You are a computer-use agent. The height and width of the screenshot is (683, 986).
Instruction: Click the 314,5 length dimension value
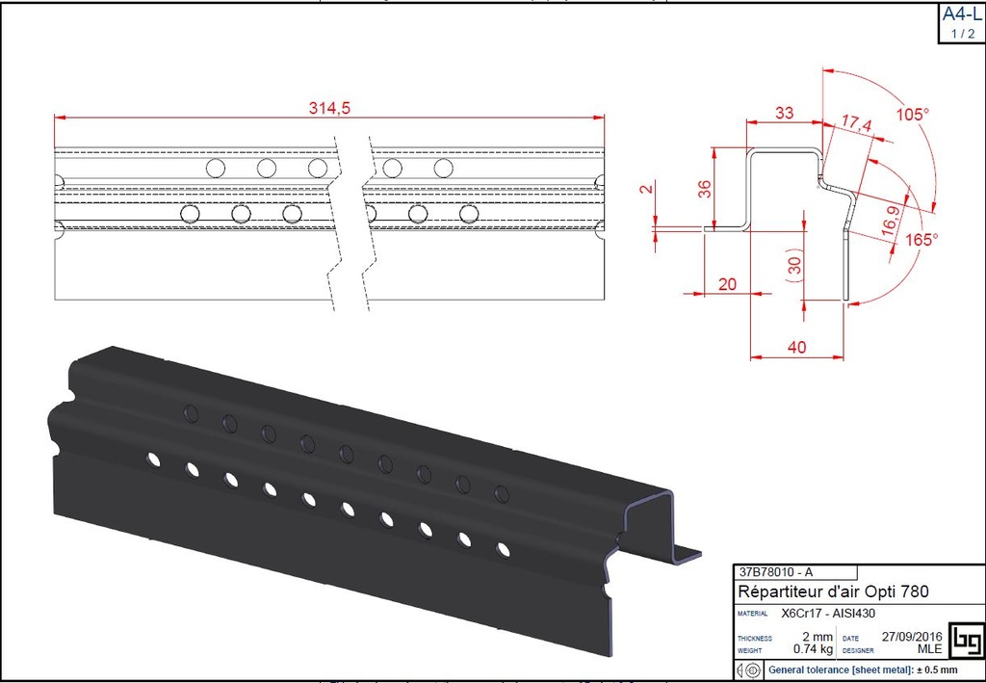pyautogui.click(x=329, y=109)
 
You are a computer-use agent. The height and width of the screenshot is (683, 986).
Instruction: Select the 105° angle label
pyautogui.click(x=913, y=114)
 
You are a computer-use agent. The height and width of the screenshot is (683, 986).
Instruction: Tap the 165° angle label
pyautogui.click(x=921, y=240)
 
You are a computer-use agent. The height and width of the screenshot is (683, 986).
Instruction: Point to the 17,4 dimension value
pyautogui.click(x=856, y=123)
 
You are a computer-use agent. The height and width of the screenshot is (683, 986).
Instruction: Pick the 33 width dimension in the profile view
pyautogui.click(x=785, y=113)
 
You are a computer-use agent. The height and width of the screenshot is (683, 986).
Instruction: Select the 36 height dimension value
pyautogui.click(x=704, y=188)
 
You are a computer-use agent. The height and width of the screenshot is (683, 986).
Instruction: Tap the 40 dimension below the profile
pyautogui.click(x=796, y=348)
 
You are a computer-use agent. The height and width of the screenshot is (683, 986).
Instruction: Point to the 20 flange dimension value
pyautogui.click(x=727, y=283)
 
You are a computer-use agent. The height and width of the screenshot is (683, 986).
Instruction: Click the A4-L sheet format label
pyautogui.click(x=962, y=15)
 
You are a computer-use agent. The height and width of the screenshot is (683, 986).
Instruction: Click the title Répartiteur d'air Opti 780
pyautogui.click(x=833, y=591)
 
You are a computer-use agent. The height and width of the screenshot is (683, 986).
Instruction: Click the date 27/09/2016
pyautogui.click(x=912, y=637)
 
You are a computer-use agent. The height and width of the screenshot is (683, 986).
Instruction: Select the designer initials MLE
pyautogui.click(x=926, y=650)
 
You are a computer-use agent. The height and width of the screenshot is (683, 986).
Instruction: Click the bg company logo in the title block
pyautogui.click(x=965, y=641)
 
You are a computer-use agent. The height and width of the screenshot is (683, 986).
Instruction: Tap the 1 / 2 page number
pyautogui.click(x=962, y=34)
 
